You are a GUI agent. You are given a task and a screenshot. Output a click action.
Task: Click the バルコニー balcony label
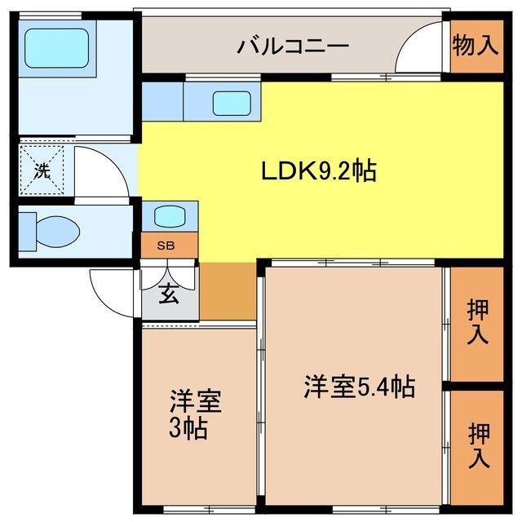[294, 46]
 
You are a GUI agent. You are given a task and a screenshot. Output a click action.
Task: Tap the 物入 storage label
[476, 46]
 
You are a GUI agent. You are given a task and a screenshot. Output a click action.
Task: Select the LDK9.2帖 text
[318, 171]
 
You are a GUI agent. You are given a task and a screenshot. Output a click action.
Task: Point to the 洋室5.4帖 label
[360, 386]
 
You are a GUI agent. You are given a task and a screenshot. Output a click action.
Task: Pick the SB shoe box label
[169, 245]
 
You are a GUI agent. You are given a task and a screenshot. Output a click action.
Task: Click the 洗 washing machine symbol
[41, 171]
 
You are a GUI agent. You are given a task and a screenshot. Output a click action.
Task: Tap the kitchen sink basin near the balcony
[232, 104]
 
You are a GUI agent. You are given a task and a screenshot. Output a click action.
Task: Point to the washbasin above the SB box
[169, 216]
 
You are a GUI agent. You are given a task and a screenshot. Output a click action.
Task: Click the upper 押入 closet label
[477, 321]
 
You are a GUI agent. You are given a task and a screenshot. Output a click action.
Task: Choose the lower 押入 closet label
[477, 445]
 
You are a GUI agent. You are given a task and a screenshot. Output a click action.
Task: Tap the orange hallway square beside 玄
[228, 291]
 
